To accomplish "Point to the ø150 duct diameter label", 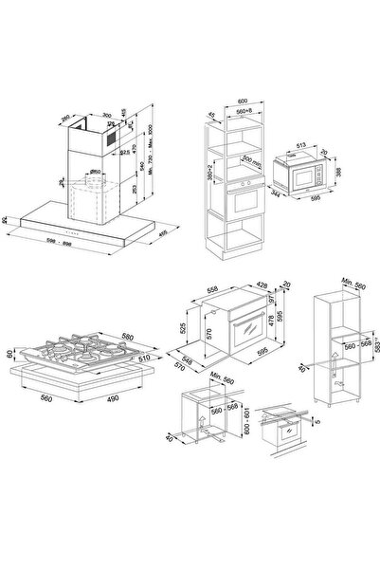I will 97,172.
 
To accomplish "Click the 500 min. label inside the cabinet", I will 250,160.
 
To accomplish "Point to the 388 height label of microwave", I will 343,175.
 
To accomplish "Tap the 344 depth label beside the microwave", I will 276,193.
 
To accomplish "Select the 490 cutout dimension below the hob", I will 108,400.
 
